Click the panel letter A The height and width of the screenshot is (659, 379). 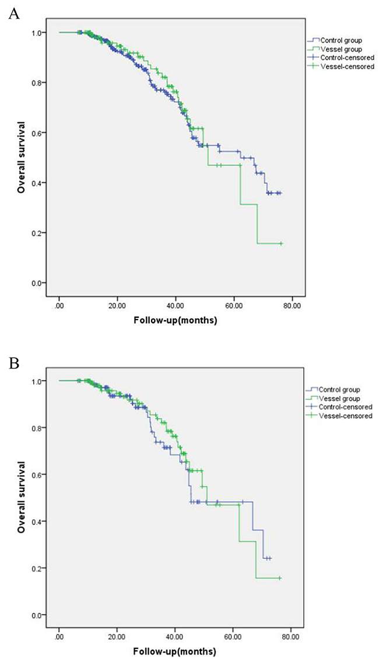point(12,14)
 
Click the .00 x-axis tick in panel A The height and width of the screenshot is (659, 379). point(59,303)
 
